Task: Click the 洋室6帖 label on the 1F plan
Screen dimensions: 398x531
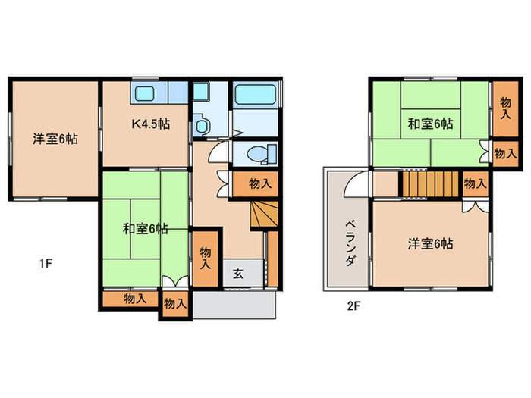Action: click(55, 139)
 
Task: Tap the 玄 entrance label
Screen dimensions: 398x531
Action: click(237, 274)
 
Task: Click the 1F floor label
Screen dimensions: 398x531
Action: click(46, 264)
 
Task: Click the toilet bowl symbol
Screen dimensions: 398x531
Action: click(257, 153)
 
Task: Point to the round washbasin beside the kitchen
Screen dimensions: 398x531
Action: click(201, 125)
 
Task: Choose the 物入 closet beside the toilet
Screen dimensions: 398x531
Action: click(259, 183)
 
